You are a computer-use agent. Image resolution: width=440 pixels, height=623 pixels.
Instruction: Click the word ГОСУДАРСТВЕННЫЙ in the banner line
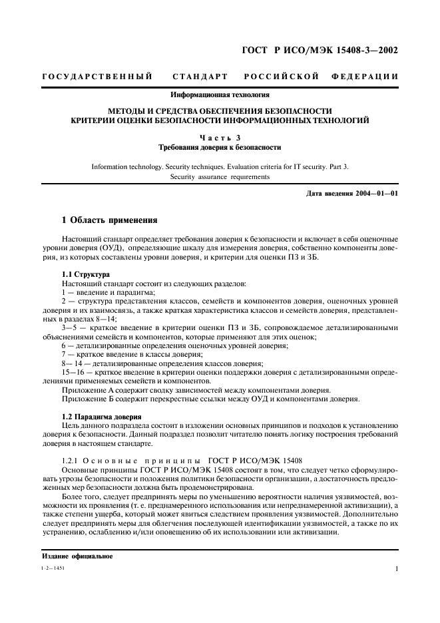[x=97, y=77]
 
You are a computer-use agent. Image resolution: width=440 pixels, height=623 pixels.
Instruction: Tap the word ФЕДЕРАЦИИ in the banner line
[x=365, y=77]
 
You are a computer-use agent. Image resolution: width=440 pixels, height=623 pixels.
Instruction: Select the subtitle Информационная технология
[x=220, y=96]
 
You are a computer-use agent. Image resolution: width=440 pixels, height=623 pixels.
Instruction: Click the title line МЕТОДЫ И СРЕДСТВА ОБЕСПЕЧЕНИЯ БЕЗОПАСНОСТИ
[x=220, y=110]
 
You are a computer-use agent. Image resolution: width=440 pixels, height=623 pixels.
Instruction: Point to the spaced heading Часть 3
[x=220, y=136]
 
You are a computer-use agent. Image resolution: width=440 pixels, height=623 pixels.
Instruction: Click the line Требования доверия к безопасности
[x=220, y=147]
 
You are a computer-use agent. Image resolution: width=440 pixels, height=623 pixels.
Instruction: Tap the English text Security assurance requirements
[x=220, y=177]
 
